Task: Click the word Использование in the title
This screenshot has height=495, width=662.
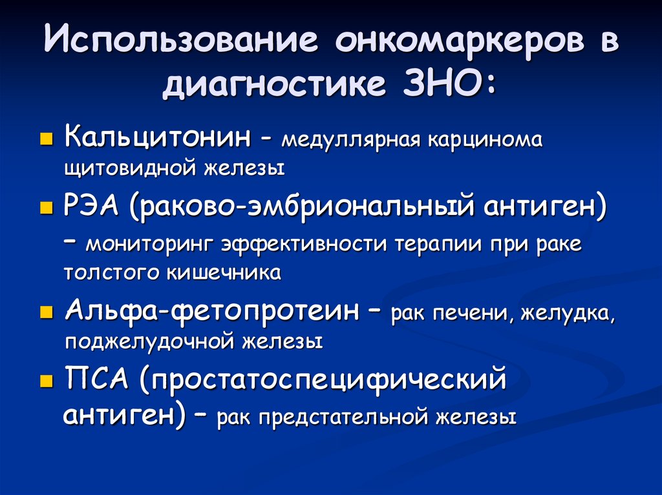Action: point(181,39)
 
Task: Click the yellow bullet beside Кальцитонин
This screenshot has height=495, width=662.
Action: point(46,139)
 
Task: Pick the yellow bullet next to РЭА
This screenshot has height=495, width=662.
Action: point(46,208)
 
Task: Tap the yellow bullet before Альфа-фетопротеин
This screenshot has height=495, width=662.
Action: point(46,312)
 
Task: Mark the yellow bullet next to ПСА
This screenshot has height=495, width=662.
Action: point(46,381)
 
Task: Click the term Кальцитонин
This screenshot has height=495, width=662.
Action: point(158,137)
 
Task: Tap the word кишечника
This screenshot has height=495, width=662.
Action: point(224,272)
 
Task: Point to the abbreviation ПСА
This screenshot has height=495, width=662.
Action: point(97,378)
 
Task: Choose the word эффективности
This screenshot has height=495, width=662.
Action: point(304,245)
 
